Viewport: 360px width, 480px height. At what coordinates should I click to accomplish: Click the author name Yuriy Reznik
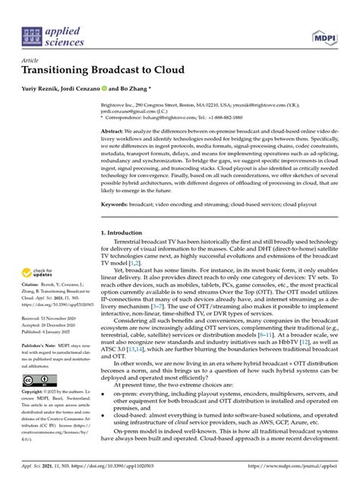[43, 87]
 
